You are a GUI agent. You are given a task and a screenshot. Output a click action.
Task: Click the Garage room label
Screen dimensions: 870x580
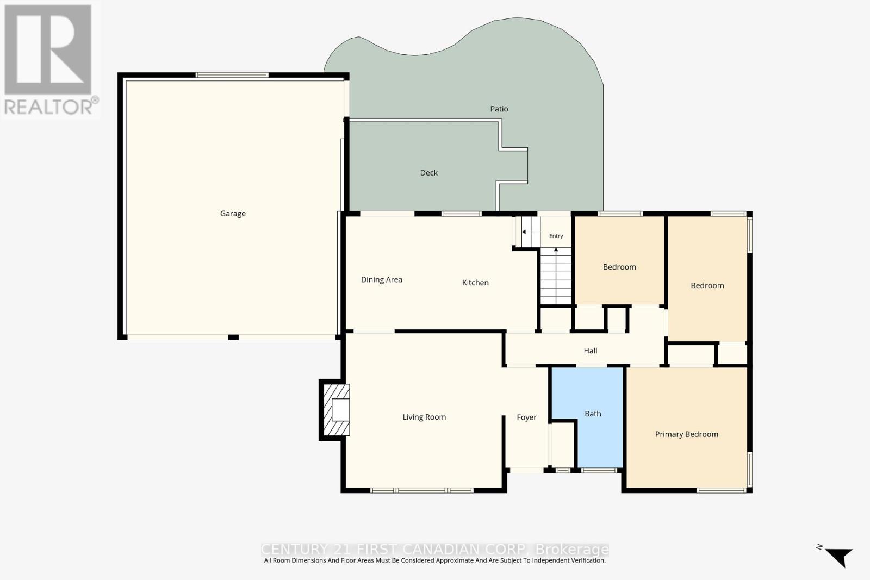coord(233,214)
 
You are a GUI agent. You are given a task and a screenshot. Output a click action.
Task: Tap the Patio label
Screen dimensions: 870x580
coord(499,109)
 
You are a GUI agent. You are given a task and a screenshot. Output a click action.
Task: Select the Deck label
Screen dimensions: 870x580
coord(429,173)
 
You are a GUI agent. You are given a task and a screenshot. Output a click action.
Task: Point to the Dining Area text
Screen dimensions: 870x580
coord(381,279)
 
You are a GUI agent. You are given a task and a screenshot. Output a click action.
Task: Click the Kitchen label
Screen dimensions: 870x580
coord(475,283)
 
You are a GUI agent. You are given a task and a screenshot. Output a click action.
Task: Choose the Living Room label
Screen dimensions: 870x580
coord(424,417)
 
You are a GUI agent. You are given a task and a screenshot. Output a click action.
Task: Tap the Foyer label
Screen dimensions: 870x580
coord(527,417)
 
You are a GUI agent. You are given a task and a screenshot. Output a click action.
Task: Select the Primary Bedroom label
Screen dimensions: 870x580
coord(686,434)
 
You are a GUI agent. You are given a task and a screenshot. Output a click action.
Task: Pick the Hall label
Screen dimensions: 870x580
coord(591,351)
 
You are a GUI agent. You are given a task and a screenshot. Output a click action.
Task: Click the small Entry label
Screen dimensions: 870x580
coord(556,236)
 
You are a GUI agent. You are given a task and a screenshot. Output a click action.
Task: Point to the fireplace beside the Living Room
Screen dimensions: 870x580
coord(334,410)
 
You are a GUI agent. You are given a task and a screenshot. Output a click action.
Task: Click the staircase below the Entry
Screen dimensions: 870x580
coord(556,276)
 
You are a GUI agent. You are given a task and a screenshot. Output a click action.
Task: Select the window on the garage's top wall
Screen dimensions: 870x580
coord(232,75)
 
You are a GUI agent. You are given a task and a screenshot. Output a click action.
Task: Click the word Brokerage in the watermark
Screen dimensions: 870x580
coord(571,550)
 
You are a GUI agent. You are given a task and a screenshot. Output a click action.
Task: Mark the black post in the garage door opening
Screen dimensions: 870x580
coord(233,338)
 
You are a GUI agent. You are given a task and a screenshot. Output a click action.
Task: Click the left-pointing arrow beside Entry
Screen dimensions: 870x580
coord(531,232)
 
